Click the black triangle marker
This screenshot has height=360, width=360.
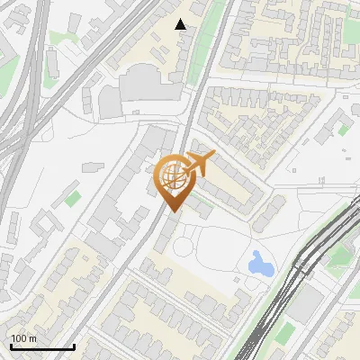click(x=181, y=24)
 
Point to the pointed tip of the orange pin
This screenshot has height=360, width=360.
click(x=171, y=211)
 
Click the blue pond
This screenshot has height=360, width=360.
click(x=261, y=264)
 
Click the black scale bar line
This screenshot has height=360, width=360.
click(x=42, y=346)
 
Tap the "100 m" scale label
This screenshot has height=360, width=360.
click(x=24, y=338)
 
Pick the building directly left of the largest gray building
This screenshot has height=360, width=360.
click(x=110, y=101)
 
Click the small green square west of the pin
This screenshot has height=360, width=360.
click(x=73, y=196)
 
